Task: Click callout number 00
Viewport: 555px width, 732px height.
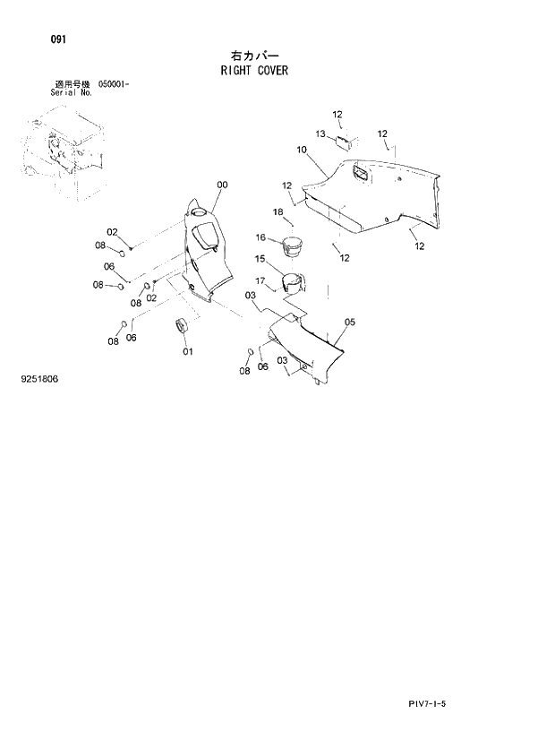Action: [x=222, y=185]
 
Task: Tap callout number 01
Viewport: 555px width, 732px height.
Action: [x=188, y=351]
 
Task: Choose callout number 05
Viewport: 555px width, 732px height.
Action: [x=350, y=322]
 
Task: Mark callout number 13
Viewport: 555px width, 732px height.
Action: [x=320, y=133]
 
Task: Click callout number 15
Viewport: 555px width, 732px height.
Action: [x=260, y=259]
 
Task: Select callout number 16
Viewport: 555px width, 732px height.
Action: [x=261, y=237]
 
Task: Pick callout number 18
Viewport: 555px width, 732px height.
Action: [x=277, y=211]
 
